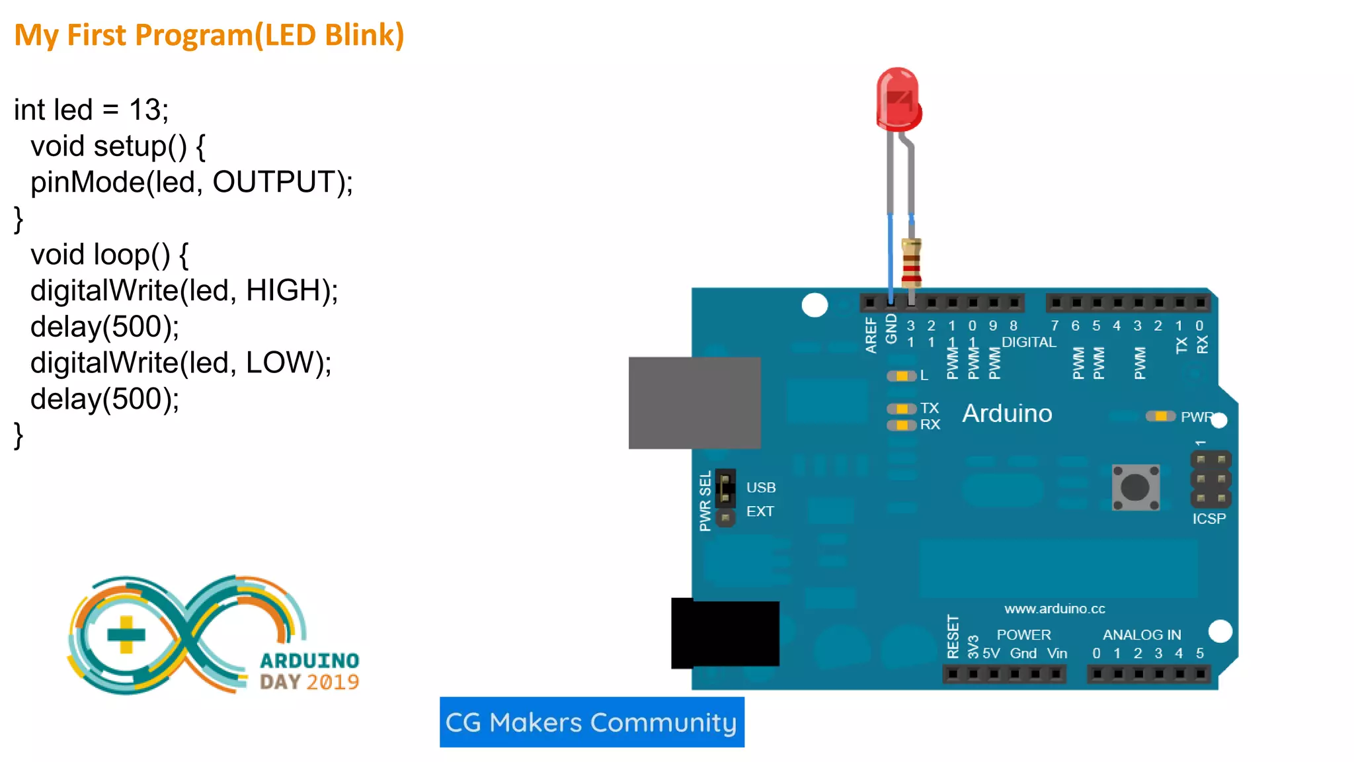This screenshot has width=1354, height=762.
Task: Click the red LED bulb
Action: click(898, 99)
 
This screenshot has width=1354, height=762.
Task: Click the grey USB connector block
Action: click(694, 403)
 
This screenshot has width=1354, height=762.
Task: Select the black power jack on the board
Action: click(725, 633)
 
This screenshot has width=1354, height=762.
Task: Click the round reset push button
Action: click(1135, 487)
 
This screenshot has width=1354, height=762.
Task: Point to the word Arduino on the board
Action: click(1006, 413)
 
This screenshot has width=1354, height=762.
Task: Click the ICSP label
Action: click(1209, 519)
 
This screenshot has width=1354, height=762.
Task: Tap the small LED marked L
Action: click(901, 376)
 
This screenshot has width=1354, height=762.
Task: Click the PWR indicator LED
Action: click(1160, 416)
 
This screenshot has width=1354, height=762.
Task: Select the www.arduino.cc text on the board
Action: click(1054, 609)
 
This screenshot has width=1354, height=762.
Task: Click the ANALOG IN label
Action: click(1141, 635)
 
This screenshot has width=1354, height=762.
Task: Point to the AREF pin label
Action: click(871, 335)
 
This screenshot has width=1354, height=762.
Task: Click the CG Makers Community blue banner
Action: click(592, 722)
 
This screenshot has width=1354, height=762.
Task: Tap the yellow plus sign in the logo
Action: click(126, 634)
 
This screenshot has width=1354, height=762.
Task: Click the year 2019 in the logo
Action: click(333, 682)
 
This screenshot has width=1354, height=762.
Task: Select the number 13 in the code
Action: click(145, 110)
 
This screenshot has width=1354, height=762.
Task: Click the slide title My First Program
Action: click(209, 35)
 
